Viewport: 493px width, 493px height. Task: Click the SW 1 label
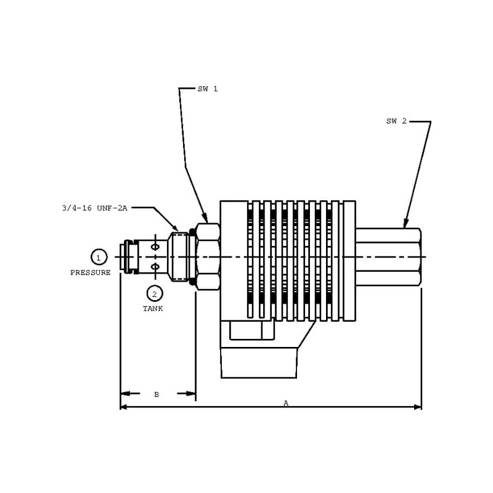pyautogui.click(x=208, y=89)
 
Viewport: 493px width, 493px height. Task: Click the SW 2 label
pyautogui.click(x=396, y=121)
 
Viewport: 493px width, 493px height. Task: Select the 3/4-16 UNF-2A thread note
pyautogui.click(x=95, y=208)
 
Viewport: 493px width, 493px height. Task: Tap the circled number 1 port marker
pyautogui.click(x=99, y=257)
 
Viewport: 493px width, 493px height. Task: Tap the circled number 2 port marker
pyautogui.click(x=155, y=294)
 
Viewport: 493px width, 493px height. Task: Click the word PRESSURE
pyautogui.click(x=91, y=272)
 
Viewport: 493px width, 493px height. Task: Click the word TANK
pyautogui.click(x=153, y=309)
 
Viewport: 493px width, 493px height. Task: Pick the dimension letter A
pyautogui.click(x=286, y=403)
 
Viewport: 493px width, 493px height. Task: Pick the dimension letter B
pyautogui.click(x=157, y=394)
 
